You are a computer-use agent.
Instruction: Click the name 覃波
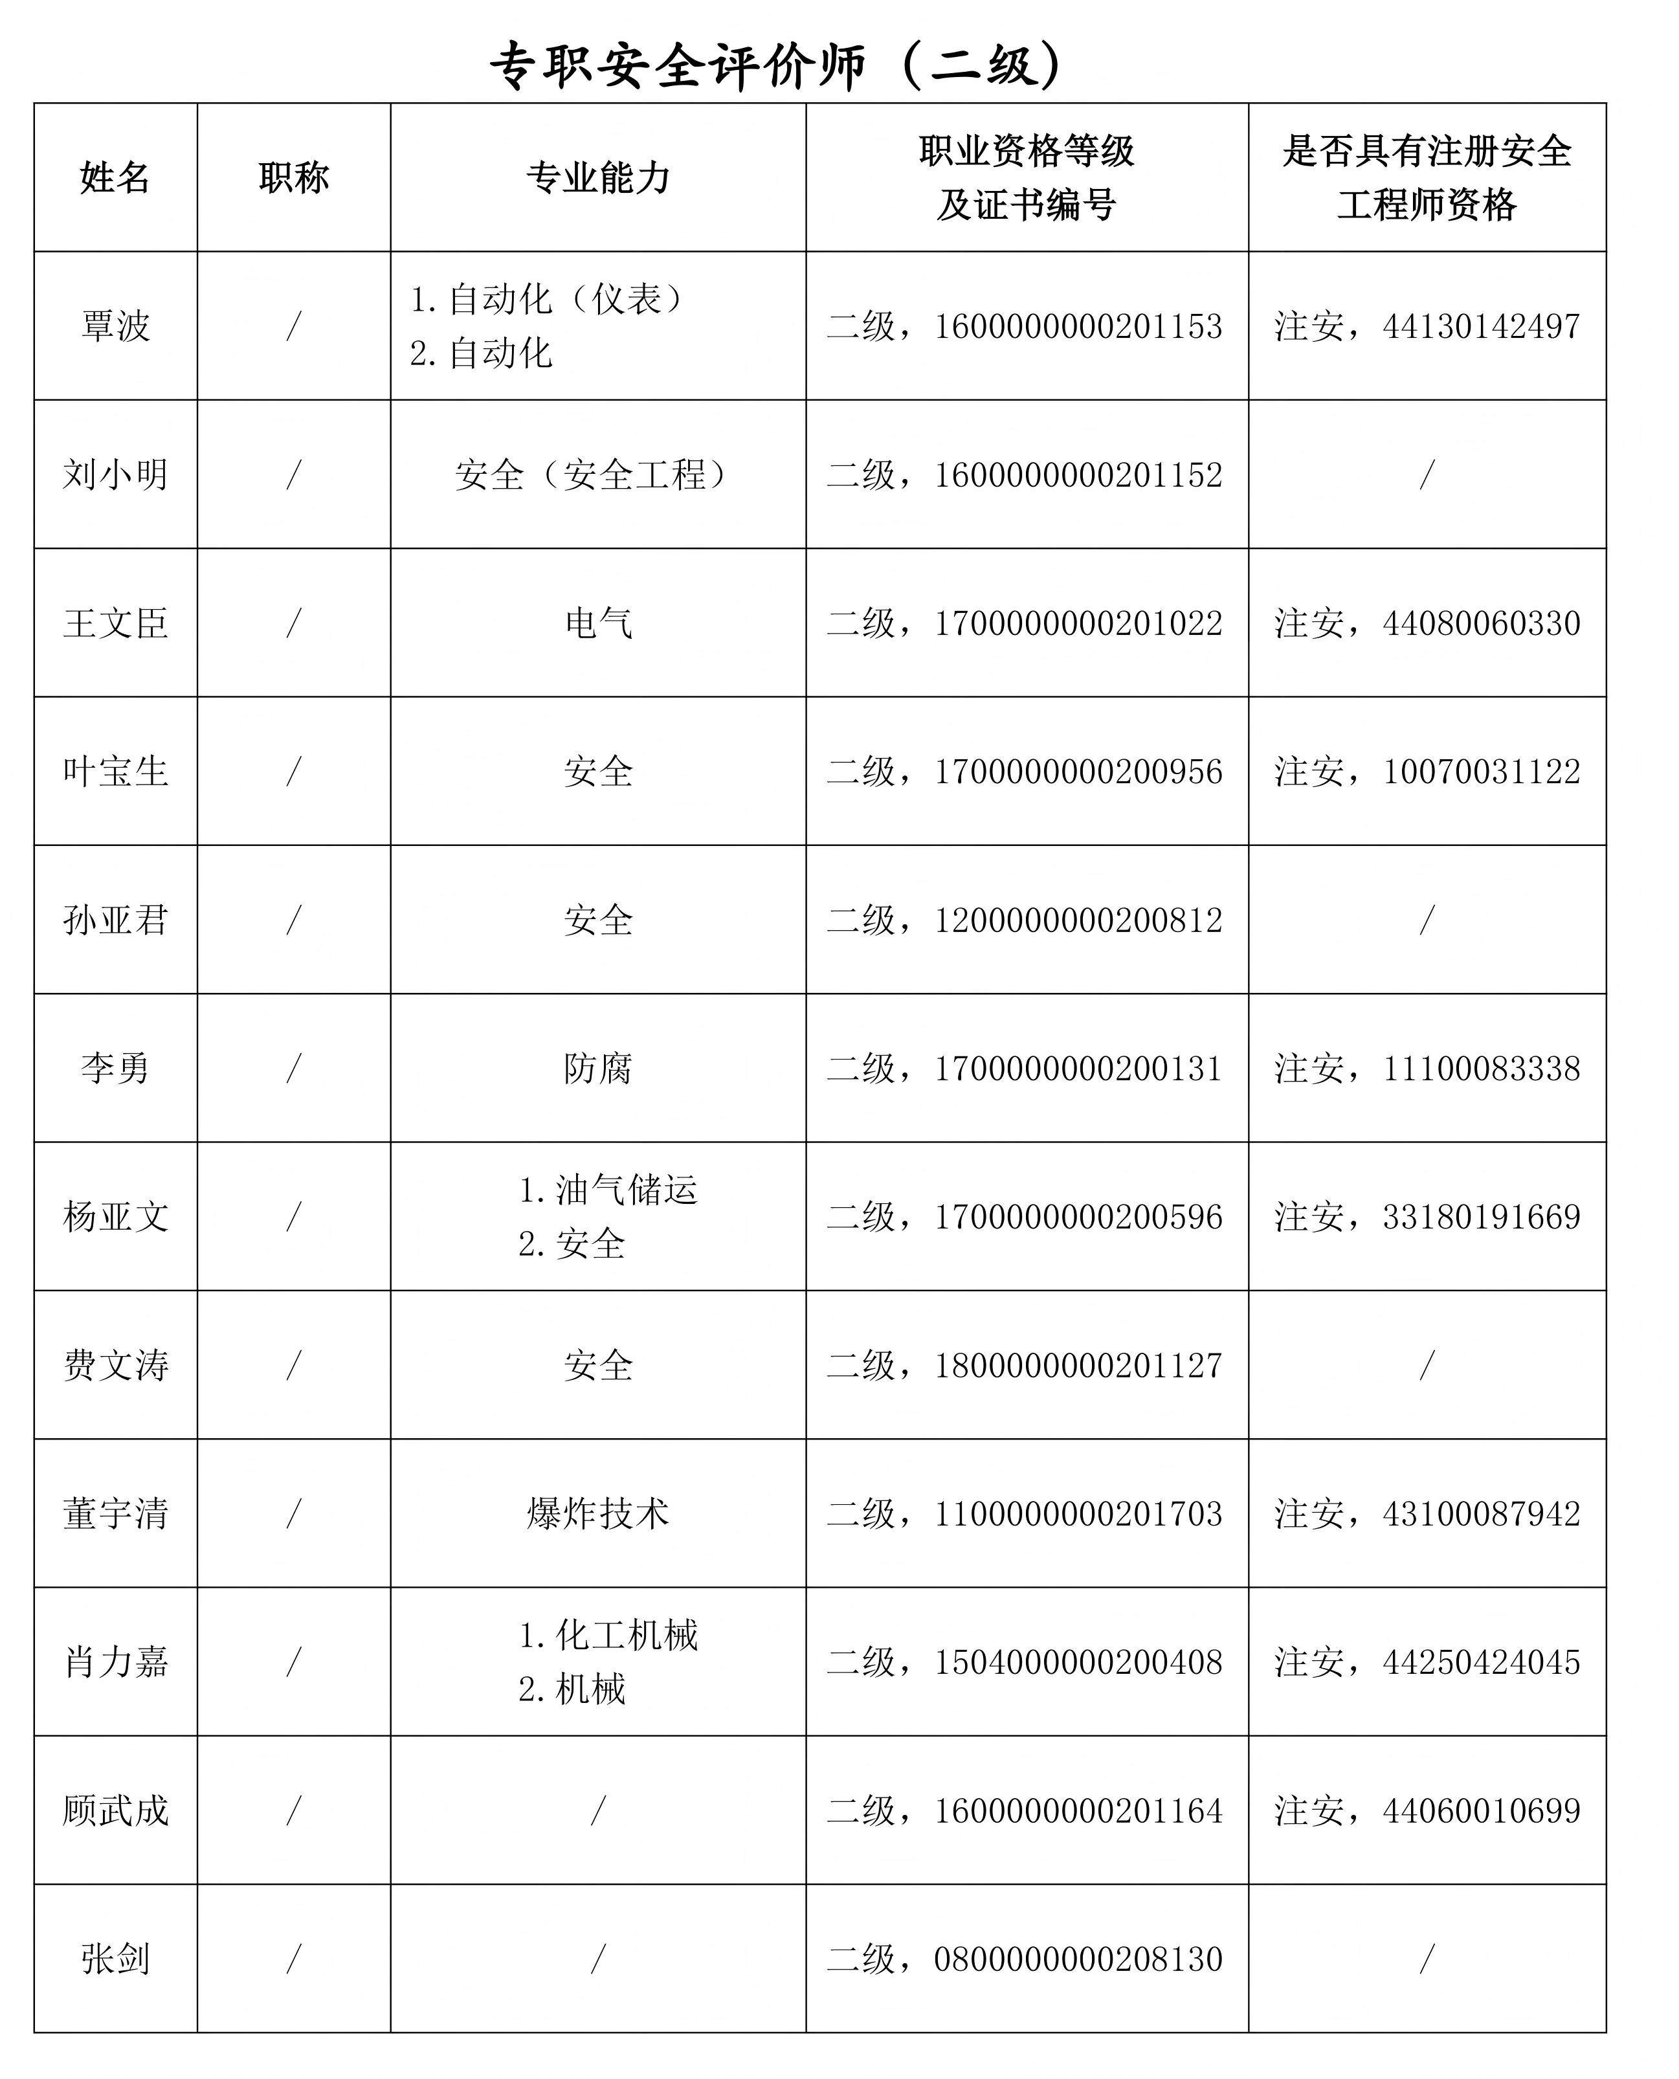(115, 326)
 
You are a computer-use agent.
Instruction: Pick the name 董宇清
(115, 1513)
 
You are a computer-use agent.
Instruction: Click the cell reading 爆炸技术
(597, 1513)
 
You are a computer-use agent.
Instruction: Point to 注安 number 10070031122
(1481, 772)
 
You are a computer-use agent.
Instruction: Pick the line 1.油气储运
(607, 1190)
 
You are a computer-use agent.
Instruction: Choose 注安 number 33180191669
(1481, 1216)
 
